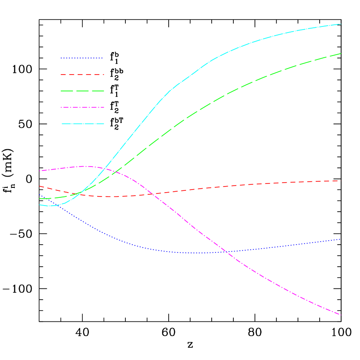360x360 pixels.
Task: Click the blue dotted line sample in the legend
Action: click(x=82, y=58)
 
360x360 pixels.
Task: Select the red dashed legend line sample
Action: click(x=82, y=75)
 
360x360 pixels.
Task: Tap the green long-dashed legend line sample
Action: click(x=82, y=91)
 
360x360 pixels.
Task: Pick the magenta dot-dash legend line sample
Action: click(x=82, y=107)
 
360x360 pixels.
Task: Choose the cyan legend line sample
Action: click(x=82, y=124)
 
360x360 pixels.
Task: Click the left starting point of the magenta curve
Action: click(x=39, y=171)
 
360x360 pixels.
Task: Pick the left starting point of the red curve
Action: click(x=39, y=186)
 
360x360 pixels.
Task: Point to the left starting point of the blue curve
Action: click(x=39, y=195)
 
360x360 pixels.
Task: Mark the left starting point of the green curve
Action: click(x=39, y=199)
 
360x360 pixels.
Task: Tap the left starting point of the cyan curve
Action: click(x=39, y=205)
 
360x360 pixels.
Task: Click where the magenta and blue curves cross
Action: click(x=226, y=252)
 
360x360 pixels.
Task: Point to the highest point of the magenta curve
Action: click(x=84, y=166)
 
